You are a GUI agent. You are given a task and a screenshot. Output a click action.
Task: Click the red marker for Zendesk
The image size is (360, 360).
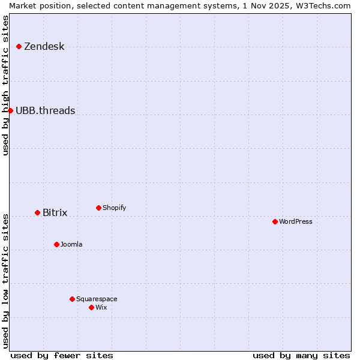click(x=19, y=46)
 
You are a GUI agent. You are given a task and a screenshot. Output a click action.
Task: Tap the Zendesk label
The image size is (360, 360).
click(x=44, y=47)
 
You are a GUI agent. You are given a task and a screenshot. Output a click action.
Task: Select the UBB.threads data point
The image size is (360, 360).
click(x=10, y=110)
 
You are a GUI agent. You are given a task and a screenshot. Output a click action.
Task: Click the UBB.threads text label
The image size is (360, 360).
click(x=45, y=110)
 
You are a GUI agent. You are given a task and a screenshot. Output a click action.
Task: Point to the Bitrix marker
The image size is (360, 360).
click(x=37, y=212)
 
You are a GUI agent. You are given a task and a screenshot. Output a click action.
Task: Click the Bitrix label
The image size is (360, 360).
click(x=55, y=213)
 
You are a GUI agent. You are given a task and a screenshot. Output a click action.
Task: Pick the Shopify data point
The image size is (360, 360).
click(x=98, y=208)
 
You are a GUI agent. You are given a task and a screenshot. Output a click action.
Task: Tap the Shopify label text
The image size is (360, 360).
click(x=114, y=208)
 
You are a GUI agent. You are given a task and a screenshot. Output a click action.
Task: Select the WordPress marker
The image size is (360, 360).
click(x=275, y=221)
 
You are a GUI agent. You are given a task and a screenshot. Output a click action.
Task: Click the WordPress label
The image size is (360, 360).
click(x=295, y=222)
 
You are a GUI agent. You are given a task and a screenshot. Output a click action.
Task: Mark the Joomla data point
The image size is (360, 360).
click(x=56, y=244)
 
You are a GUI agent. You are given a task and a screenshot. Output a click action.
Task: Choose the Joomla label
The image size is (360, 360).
click(x=71, y=245)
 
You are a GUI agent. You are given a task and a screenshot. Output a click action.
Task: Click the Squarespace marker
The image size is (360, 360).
click(x=72, y=299)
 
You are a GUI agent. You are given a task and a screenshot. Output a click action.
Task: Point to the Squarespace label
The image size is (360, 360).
click(x=97, y=299)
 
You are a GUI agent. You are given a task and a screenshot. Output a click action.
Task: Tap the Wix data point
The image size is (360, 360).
click(x=91, y=307)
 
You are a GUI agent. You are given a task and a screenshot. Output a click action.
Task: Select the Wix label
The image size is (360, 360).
click(x=101, y=308)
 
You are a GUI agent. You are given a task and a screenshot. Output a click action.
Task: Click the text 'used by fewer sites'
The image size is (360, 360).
click(x=62, y=355)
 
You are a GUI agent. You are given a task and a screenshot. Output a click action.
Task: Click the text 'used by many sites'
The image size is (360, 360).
click(x=301, y=355)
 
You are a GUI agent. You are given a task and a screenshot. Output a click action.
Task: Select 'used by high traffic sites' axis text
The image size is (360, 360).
click(x=6, y=85)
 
